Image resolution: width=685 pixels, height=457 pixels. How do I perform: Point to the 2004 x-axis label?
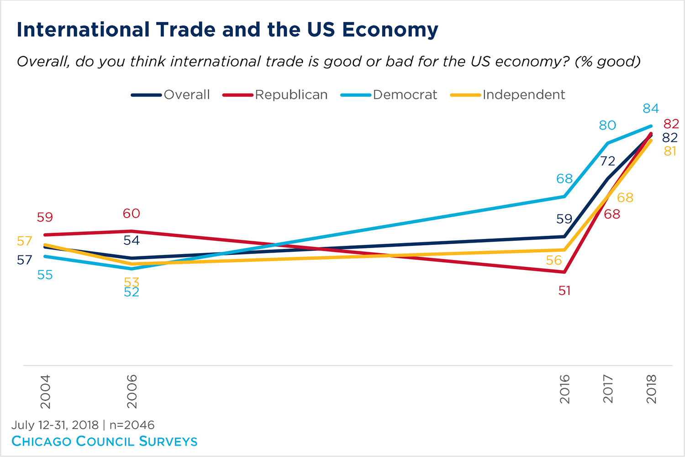pos(45,391)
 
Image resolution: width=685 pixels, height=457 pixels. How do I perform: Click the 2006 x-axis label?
pos(132,391)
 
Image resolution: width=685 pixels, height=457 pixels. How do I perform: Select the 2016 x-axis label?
pos(565,389)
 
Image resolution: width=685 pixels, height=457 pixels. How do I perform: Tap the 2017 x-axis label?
pos(608,389)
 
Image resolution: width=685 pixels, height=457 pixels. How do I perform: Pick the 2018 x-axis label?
pos(651,389)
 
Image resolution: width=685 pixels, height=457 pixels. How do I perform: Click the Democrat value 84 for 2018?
pos(651,109)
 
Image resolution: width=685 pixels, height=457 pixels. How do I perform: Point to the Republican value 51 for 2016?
pos(564,291)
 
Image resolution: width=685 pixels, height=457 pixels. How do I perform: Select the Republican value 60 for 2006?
pos(132,213)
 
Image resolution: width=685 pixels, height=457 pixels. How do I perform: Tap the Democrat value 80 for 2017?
pos(607,125)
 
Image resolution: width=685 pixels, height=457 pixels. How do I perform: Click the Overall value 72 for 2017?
pos(607,161)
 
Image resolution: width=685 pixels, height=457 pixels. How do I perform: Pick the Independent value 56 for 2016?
pos(554,260)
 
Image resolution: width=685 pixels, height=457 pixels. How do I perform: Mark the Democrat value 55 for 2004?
pos(45,275)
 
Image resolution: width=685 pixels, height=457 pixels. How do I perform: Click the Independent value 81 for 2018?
pos(670,151)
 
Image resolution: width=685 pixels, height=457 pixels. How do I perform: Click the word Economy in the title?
pos(390,30)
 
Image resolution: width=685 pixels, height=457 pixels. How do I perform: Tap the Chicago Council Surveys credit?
pos(105,441)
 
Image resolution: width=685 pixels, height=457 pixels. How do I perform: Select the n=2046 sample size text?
pos(132,425)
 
